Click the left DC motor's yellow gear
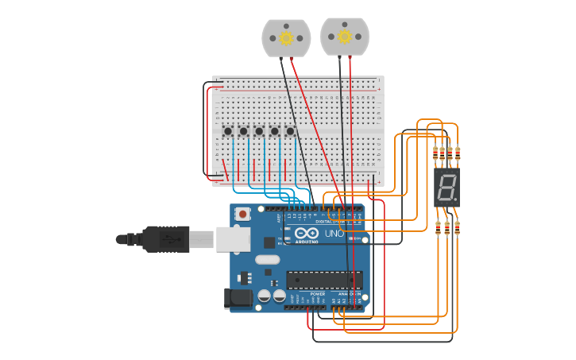pos(286,37)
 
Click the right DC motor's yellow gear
pos(345,36)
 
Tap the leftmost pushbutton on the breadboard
pos(228,131)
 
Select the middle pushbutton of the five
pos(259,131)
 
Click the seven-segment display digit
pos(446,188)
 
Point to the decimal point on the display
pos(455,199)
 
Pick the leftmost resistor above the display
pos(435,153)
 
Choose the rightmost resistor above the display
pos(458,153)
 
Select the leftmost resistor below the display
pos(438,228)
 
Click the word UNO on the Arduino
pos(333,234)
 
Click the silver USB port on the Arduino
pos(233,238)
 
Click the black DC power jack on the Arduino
pos(238,298)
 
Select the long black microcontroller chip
pos(324,280)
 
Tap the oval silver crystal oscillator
pos(268,259)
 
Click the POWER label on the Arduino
pos(318,293)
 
